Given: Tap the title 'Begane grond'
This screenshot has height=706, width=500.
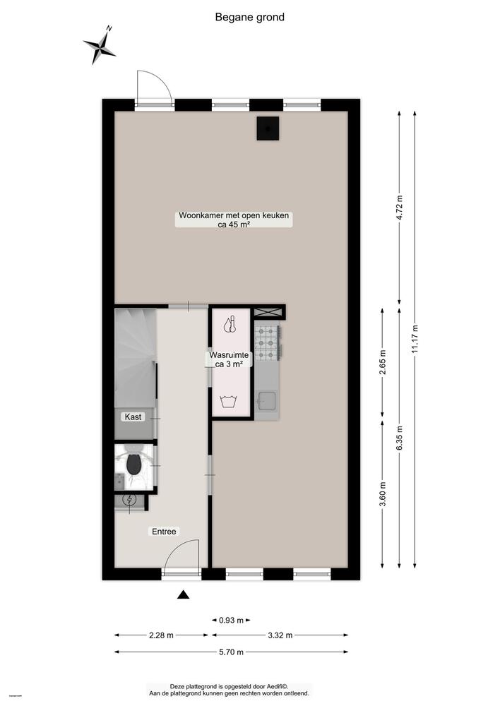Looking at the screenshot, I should coord(250,17).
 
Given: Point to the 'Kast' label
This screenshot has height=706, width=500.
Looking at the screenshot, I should coord(133,417).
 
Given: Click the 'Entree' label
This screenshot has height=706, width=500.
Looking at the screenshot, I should coord(164,532).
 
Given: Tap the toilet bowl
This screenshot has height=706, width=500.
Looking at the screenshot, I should coord(133,464).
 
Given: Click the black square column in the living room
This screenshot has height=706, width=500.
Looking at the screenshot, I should coord(268,128).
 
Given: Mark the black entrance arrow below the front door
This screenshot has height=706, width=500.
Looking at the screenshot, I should coord(184,595).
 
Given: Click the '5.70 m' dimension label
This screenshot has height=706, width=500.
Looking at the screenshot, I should coord(232,652).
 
